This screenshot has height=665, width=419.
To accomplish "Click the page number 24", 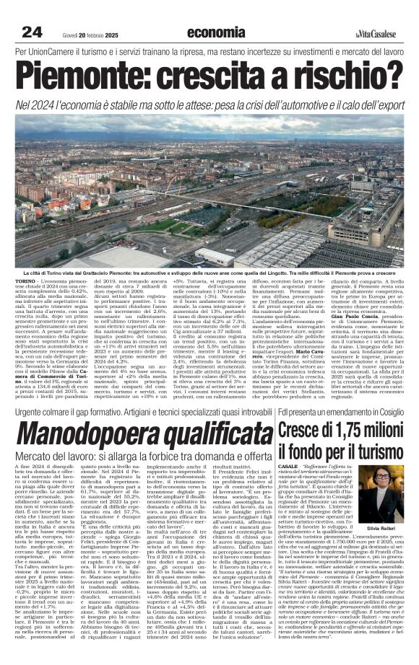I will pos(33,32).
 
